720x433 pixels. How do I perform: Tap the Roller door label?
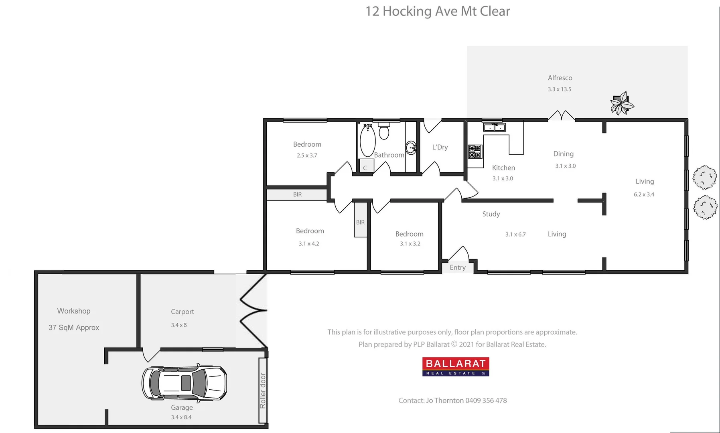point(263,391)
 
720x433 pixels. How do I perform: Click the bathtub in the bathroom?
point(367,141)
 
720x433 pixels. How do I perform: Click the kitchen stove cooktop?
point(475,152)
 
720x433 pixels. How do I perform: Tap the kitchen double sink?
point(494,127)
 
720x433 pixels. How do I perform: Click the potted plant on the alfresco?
point(621,103)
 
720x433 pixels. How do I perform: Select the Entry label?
point(458,267)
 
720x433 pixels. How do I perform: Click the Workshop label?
point(74,311)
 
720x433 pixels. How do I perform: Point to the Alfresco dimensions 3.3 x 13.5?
point(560,89)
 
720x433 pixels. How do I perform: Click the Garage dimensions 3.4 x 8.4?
point(181,417)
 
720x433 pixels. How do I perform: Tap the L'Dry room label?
point(440,147)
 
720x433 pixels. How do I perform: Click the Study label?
point(491,214)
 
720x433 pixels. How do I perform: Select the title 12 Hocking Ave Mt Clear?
point(438,11)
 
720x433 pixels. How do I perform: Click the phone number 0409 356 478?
point(486,401)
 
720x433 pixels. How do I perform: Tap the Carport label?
point(183,312)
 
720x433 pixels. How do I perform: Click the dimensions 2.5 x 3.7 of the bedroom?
point(307,156)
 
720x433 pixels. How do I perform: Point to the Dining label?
point(564,154)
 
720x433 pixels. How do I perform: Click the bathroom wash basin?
point(411,148)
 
